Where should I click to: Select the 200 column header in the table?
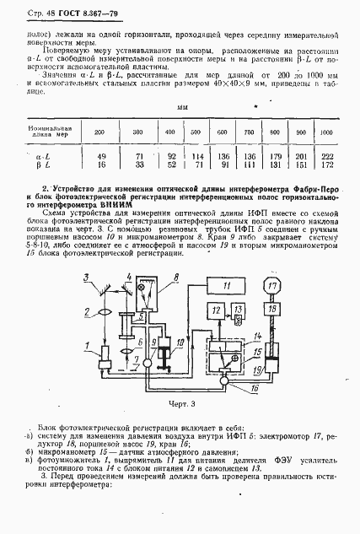click(x=99, y=132)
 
